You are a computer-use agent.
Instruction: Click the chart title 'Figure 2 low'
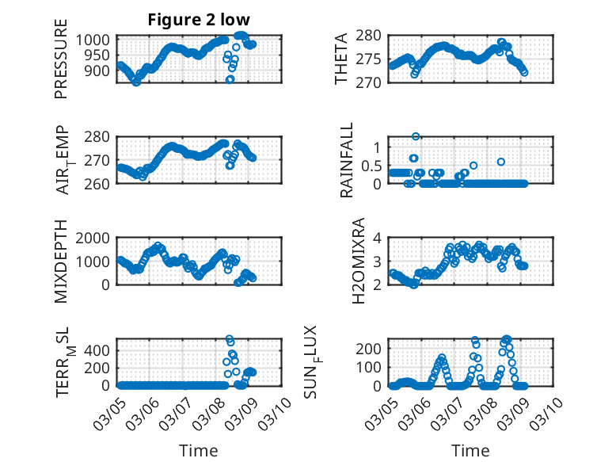click(x=199, y=21)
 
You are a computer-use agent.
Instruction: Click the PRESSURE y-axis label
click(x=61, y=66)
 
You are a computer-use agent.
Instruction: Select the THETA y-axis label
click(x=341, y=60)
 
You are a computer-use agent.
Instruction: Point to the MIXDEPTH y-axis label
click(x=61, y=261)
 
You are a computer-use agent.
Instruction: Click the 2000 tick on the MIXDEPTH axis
click(x=97, y=238)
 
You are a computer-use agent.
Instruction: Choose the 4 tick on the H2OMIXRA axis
click(x=378, y=238)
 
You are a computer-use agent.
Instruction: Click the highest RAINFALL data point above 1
click(x=416, y=136)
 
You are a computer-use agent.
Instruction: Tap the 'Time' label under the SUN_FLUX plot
click(x=470, y=451)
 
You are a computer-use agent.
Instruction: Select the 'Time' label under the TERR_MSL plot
click(x=199, y=451)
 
